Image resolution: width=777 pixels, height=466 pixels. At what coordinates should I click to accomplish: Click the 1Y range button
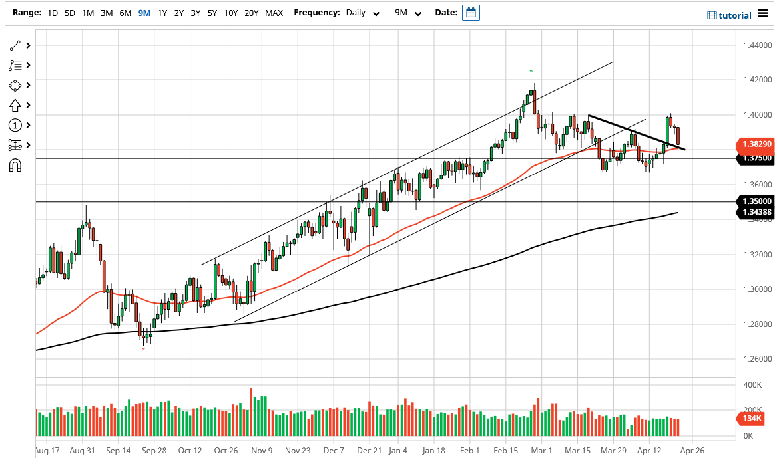click(x=162, y=13)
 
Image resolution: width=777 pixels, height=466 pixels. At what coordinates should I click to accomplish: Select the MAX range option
click(x=274, y=13)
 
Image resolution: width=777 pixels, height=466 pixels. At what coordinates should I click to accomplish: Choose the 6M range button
click(x=125, y=13)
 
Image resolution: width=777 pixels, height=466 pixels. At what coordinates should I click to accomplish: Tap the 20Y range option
click(x=252, y=13)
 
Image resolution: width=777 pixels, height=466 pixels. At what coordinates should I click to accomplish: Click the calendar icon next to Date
click(x=471, y=13)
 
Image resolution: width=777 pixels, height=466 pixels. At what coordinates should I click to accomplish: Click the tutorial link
click(x=730, y=15)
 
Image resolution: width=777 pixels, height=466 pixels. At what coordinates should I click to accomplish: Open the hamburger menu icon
click(x=763, y=15)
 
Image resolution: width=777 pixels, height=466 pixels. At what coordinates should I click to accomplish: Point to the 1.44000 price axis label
click(x=757, y=45)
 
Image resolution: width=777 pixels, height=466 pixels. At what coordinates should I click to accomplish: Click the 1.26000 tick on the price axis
click(x=757, y=359)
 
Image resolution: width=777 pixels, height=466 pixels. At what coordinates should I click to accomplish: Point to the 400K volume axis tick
click(x=752, y=385)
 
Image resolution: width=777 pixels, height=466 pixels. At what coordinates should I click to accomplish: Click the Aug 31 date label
click(x=82, y=451)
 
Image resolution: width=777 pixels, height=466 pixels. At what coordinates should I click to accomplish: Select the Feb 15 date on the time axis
click(x=505, y=451)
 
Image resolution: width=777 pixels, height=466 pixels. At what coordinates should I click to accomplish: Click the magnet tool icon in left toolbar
click(x=15, y=165)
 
